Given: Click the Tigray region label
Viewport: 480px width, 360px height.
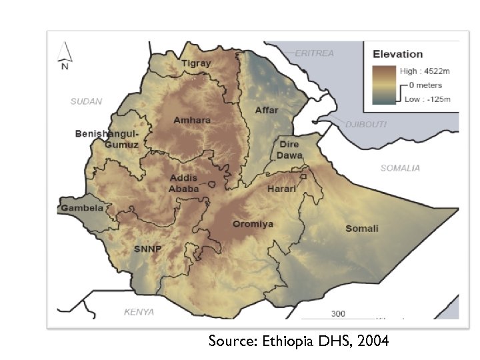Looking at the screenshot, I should click(196, 63).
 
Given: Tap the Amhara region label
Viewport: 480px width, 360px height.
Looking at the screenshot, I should click(191, 120).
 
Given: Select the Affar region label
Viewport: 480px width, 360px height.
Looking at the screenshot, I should click(267, 109).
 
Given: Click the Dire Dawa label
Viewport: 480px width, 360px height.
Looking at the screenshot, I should click(289, 150).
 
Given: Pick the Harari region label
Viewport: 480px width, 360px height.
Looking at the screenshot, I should click(281, 189).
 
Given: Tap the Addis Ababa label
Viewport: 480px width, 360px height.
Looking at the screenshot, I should click(184, 183).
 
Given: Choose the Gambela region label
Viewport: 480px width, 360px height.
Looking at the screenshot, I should click(83, 208).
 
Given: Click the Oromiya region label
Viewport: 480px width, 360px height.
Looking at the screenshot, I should click(253, 224).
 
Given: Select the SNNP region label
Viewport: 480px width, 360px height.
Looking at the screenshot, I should click(148, 249).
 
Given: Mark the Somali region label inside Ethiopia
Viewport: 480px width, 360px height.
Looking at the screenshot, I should click(361, 229).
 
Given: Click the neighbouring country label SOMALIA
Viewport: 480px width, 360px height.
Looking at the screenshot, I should click(400, 168).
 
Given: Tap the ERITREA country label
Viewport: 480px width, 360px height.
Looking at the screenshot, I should click(314, 53).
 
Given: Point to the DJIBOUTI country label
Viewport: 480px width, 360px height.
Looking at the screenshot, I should click(365, 125).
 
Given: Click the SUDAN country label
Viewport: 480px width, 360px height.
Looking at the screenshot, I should click(87, 101).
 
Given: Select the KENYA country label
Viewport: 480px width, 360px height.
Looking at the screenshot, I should click(139, 312).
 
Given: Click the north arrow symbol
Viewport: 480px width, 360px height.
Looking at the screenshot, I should click(65, 55).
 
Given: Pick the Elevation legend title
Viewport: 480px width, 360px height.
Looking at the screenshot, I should click(397, 54).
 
